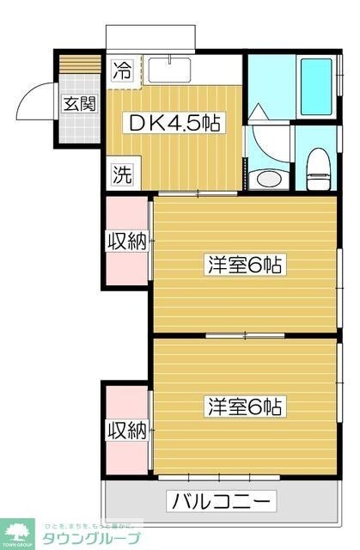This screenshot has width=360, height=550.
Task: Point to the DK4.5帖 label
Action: point(174,123)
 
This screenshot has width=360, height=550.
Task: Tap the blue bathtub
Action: point(314,87)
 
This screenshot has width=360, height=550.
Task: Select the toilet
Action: point(318,166)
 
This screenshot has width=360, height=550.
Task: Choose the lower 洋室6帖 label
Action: point(245,406)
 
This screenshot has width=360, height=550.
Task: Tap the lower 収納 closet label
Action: point(126,428)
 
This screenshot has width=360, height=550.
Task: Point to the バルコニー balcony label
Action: point(222,501)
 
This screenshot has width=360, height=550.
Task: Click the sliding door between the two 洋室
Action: point(245,333)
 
